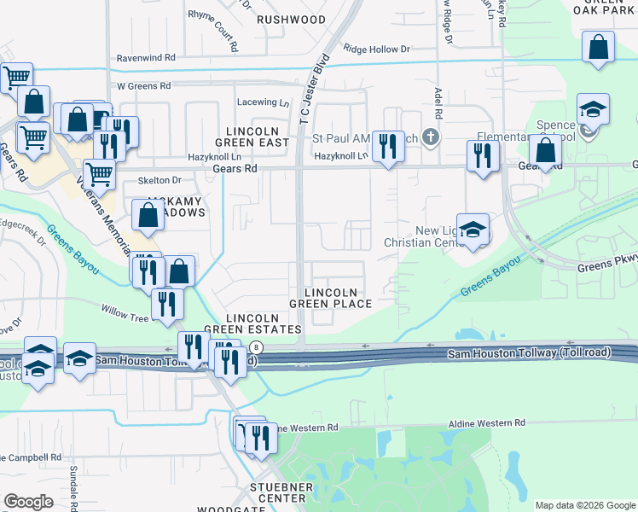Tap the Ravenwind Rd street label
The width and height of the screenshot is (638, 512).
click(146, 58)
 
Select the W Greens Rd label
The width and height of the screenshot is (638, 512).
click(143, 86)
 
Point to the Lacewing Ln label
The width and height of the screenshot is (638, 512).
click(264, 102)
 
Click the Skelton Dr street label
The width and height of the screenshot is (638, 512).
click(159, 181)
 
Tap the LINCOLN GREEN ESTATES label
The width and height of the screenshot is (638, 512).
click(264, 323)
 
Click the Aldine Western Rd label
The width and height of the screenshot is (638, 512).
click(487, 423)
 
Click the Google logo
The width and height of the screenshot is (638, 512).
click(28, 502)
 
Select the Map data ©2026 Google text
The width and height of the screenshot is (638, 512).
click(584, 505)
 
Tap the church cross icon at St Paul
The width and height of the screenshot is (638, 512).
click(432, 137)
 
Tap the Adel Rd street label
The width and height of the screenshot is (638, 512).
click(438, 103)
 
